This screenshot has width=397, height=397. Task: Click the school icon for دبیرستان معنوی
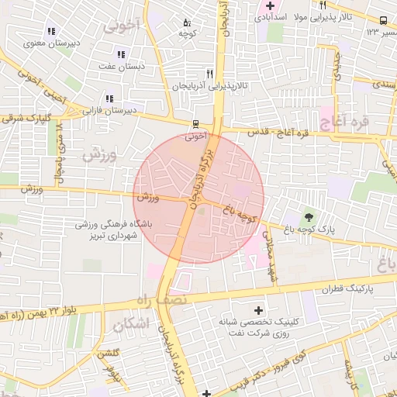(51, 32)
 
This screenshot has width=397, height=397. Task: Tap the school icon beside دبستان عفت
(121, 54)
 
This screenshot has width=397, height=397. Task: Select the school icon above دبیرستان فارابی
(109, 98)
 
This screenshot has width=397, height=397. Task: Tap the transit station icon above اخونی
(195, 124)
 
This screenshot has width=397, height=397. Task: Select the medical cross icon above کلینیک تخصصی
(258, 310)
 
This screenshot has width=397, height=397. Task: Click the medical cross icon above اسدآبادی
(269, 5)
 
